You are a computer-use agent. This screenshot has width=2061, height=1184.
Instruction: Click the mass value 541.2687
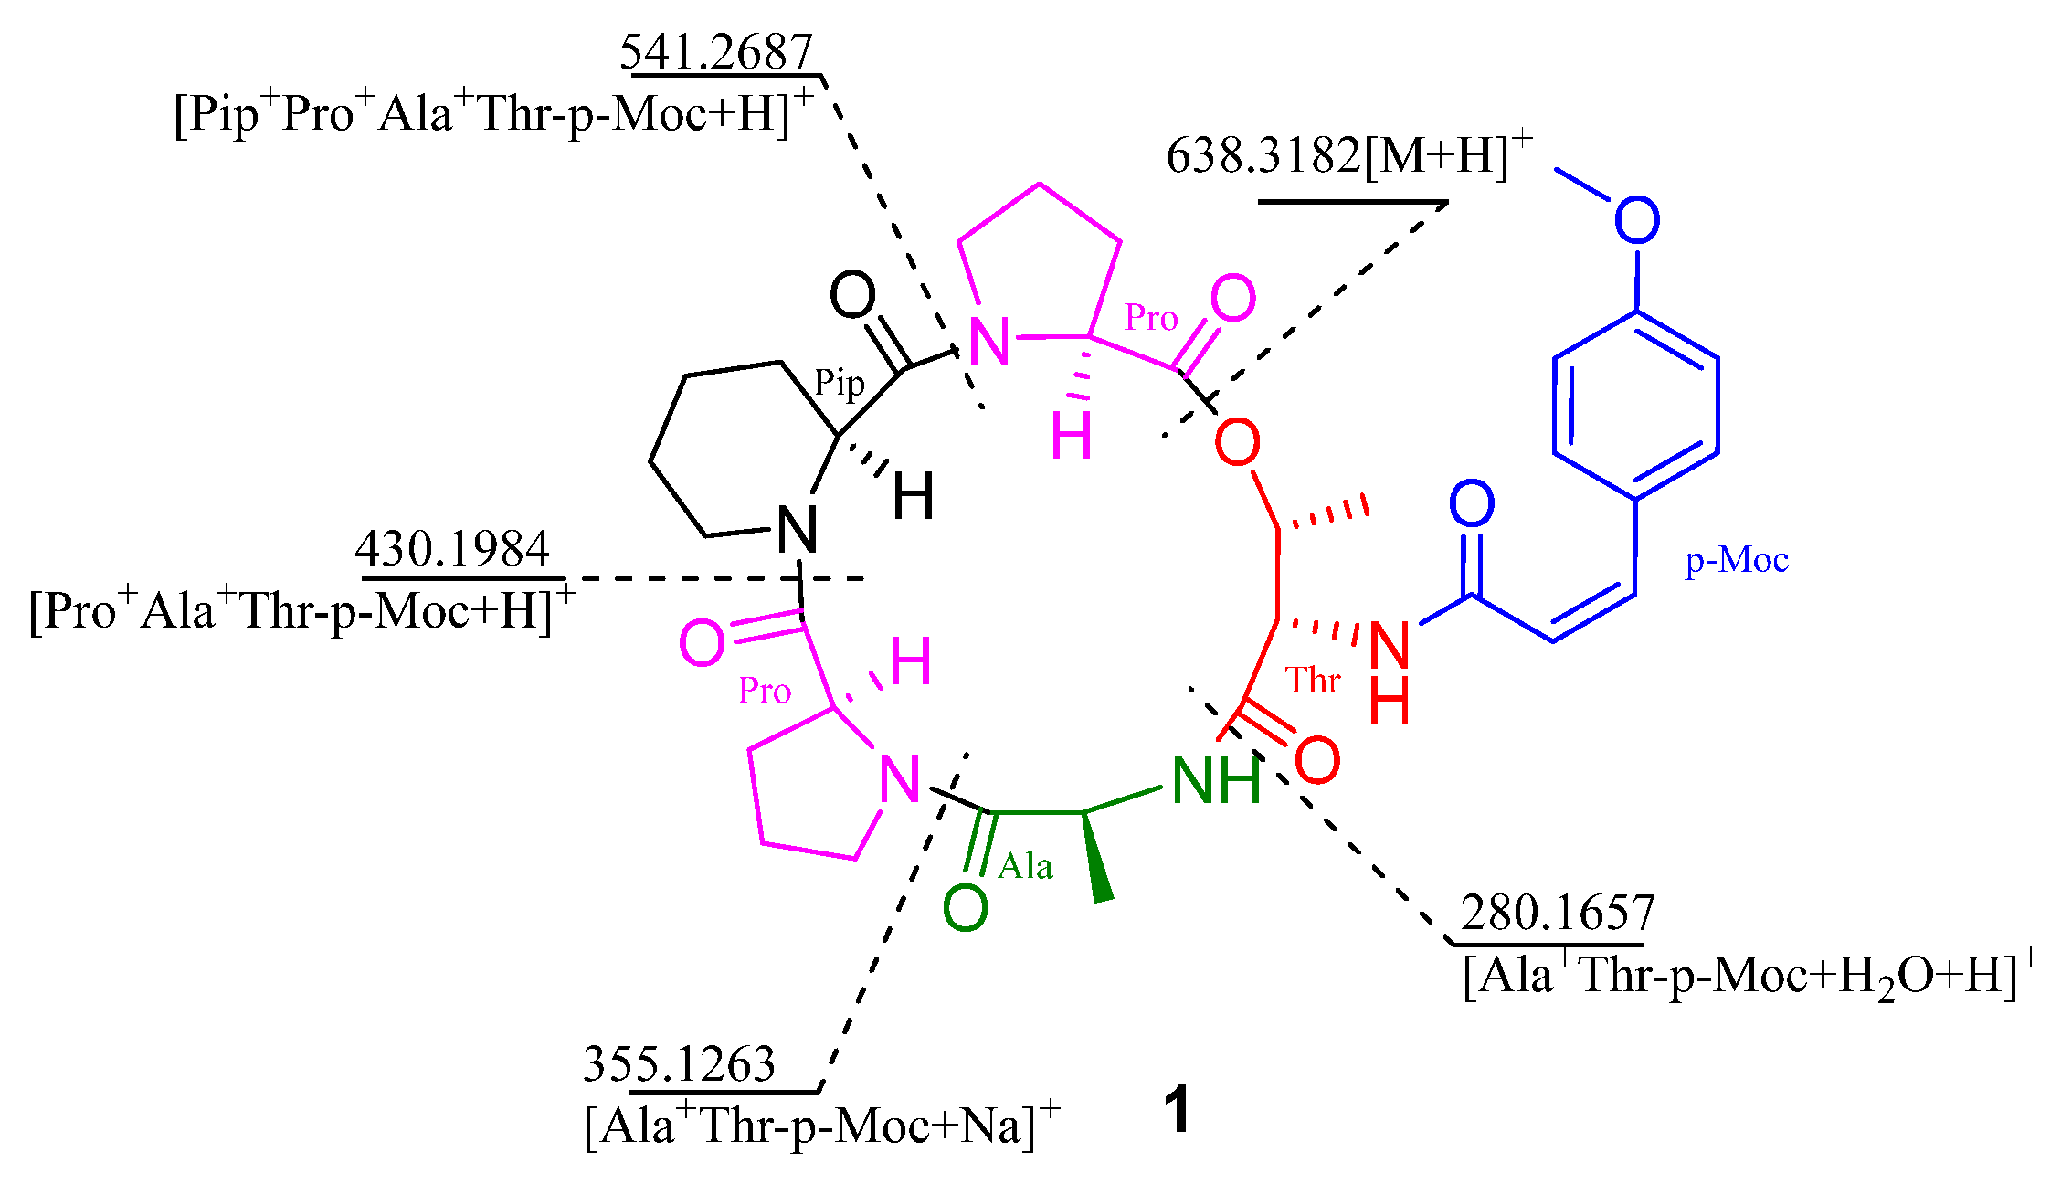click(x=716, y=52)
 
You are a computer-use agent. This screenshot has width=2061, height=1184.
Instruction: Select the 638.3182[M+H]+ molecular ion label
click(x=1348, y=155)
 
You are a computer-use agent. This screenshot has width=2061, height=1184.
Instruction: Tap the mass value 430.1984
click(x=452, y=549)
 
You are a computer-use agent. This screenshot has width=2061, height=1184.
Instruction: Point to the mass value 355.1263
click(x=679, y=1064)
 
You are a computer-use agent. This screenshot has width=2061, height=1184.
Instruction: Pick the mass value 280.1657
click(x=1557, y=913)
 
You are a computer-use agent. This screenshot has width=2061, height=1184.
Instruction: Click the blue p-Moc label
click(x=1736, y=560)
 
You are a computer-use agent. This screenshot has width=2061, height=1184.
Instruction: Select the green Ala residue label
click(x=1025, y=866)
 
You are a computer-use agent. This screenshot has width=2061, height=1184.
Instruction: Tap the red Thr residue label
click(x=1312, y=681)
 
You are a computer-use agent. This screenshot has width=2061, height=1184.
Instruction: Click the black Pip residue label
click(x=839, y=384)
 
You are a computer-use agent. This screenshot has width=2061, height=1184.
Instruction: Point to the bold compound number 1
click(x=1178, y=1111)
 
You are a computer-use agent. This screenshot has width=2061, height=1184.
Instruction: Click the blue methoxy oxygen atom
click(x=1636, y=220)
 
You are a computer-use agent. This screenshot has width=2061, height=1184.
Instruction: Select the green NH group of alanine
click(x=1215, y=781)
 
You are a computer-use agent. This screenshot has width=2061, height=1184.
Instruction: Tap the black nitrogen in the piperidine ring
click(x=797, y=530)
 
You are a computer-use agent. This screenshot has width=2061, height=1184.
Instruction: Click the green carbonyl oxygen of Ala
click(x=965, y=908)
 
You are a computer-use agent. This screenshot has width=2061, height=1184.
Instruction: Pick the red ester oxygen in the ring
click(x=1237, y=442)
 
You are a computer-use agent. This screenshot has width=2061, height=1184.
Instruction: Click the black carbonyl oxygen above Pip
click(x=851, y=295)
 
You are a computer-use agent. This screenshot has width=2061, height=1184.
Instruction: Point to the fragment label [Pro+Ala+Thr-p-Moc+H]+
click(x=301, y=610)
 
